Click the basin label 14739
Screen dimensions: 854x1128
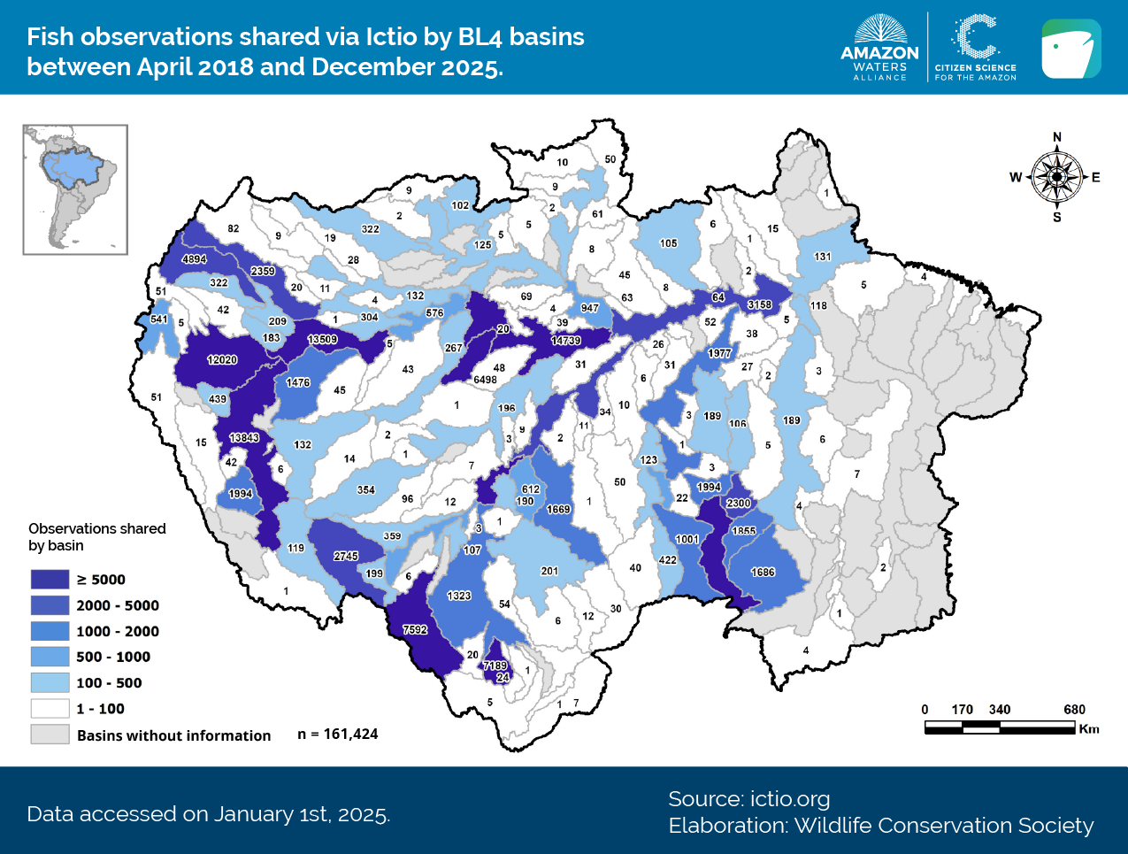coord(565,341)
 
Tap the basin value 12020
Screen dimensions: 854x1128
coord(222,360)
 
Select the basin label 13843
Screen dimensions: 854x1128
coord(244,438)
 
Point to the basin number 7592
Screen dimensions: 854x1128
coord(415,630)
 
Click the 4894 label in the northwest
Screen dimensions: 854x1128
coord(195,259)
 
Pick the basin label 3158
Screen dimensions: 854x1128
coord(759,304)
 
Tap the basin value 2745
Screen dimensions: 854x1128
coord(346,556)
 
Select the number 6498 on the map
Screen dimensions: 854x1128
coord(485,380)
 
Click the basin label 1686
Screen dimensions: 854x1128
coord(763,573)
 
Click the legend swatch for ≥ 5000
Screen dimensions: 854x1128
coord(50,580)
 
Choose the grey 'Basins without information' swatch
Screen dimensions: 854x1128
coord(50,735)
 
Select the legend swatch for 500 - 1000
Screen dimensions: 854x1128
coord(50,657)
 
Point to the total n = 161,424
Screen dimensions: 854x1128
coord(338,735)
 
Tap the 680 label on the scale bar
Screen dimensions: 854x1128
coord(1074,710)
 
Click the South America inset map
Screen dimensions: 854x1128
coord(75,189)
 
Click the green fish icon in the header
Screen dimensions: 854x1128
coord(1070,49)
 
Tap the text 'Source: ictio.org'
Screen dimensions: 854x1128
coord(748,799)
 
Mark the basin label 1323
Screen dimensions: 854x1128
coord(459,596)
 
